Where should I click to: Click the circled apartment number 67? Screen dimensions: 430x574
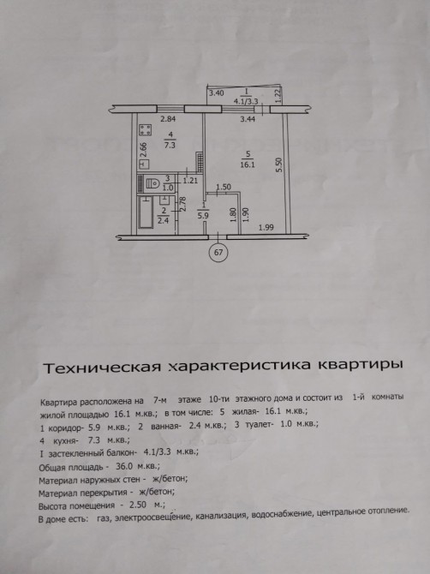click(x=218, y=253)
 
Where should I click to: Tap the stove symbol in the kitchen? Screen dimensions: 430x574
click(x=146, y=130)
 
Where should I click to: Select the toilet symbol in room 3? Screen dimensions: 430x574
click(x=152, y=183)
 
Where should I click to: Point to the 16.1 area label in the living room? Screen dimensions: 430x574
click(x=248, y=164)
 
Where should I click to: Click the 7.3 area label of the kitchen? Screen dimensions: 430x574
click(x=170, y=145)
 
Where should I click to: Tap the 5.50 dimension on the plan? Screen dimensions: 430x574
click(x=279, y=165)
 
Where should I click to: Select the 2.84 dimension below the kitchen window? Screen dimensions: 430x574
click(x=169, y=118)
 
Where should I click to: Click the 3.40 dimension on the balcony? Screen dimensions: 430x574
click(x=216, y=93)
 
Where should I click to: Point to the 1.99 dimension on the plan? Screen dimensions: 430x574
click(x=266, y=228)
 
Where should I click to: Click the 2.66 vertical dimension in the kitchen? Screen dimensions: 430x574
click(x=143, y=150)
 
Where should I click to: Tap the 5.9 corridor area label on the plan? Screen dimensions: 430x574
click(x=203, y=216)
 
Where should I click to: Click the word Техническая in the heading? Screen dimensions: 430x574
click(x=102, y=368)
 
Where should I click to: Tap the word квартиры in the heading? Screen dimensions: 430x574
click(x=361, y=365)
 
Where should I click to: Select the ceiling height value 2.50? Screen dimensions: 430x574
click(x=138, y=505)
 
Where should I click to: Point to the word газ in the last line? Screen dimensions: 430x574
click(x=105, y=519)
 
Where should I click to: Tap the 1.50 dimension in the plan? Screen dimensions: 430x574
click(x=224, y=187)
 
